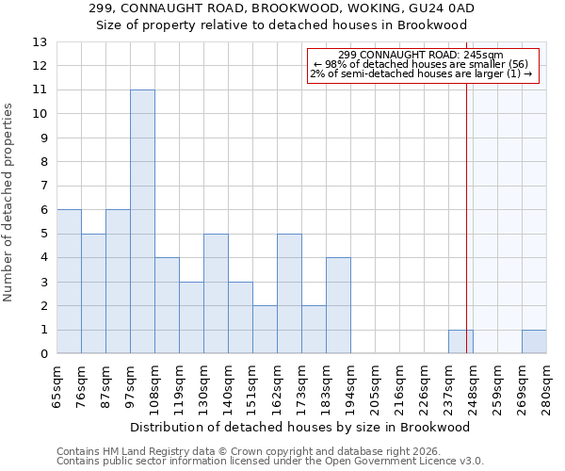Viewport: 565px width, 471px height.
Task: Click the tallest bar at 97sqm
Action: tap(142, 221)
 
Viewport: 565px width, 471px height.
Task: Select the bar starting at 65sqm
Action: tap(69, 282)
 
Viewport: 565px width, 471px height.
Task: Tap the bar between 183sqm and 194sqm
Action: tap(338, 305)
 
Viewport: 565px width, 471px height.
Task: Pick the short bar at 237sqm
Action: tap(460, 342)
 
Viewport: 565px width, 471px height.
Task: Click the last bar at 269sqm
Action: tap(534, 342)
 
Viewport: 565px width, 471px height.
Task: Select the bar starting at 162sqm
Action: tap(289, 294)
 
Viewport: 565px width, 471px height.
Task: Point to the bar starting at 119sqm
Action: tap(191, 317)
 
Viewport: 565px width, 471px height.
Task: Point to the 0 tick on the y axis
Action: tap(42, 354)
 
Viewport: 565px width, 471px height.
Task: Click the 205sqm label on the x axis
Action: tap(376, 385)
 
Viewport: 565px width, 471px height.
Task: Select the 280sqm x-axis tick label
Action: tap(547, 385)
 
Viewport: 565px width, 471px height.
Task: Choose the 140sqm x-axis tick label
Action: tap(229, 385)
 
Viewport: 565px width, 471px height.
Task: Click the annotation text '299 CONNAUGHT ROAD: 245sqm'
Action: tap(421, 55)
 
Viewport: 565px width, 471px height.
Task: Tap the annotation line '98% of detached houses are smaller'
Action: tap(421, 64)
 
